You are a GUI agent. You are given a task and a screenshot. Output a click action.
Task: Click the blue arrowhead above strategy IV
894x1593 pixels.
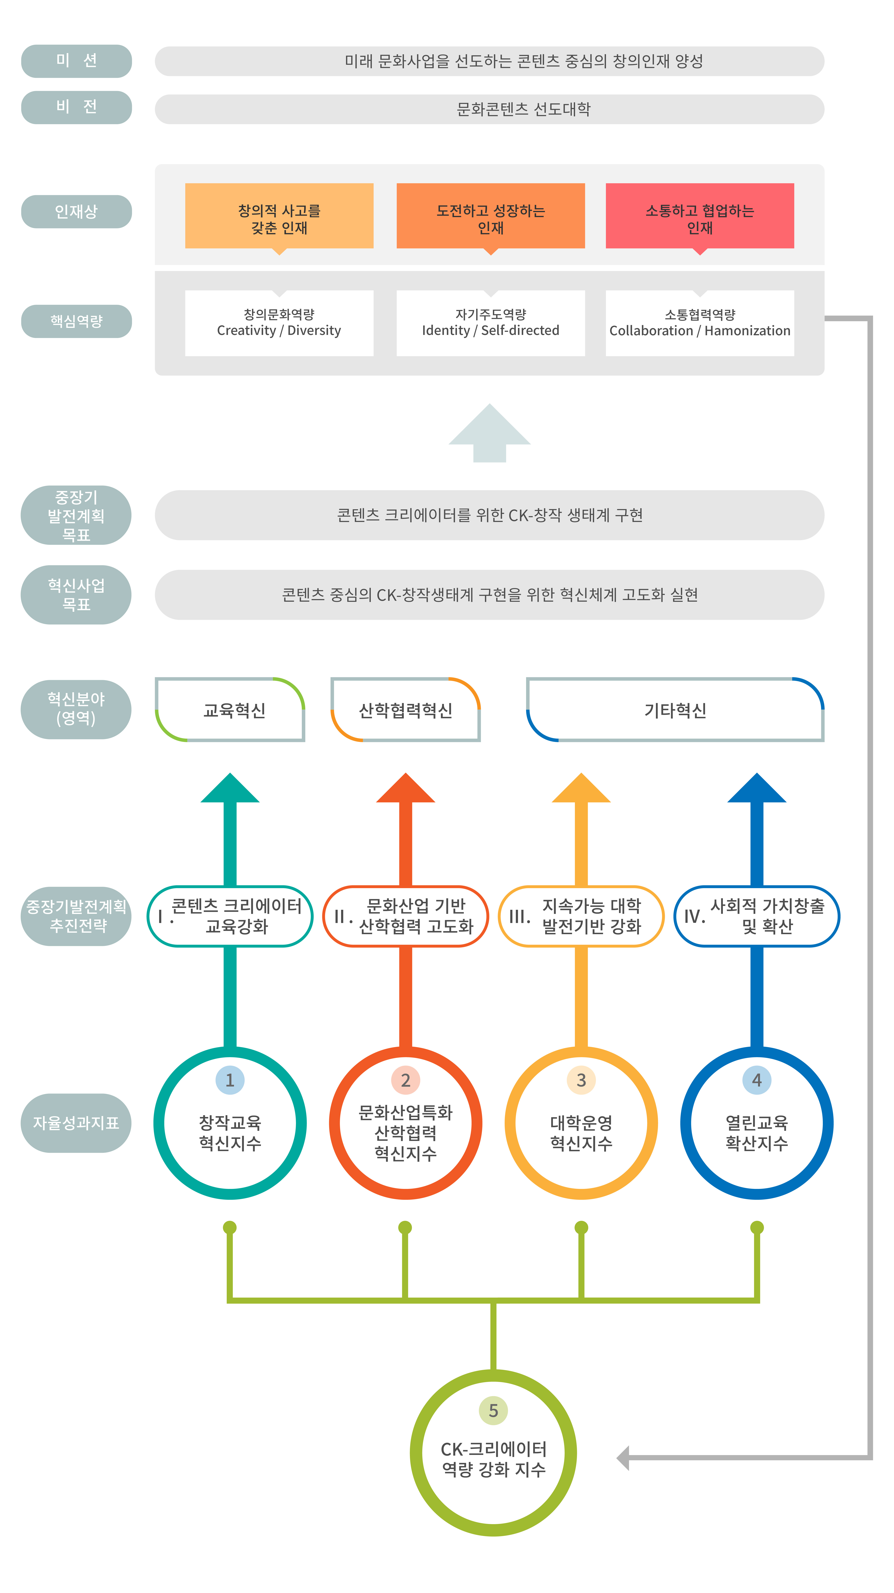coord(757,789)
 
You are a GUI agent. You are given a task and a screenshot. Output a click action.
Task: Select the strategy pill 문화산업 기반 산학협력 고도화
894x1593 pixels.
coord(406,916)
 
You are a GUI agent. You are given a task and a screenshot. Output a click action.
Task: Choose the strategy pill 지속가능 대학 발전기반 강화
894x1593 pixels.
coord(581,916)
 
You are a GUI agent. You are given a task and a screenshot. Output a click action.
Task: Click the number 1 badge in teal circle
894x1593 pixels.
coord(230,1080)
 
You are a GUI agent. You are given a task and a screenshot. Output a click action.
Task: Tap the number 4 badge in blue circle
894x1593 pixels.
coord(757,1080)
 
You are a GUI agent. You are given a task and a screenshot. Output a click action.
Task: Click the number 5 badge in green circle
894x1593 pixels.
coord(493,1411)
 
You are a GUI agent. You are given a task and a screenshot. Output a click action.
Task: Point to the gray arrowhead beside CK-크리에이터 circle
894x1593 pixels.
coord(623,1457)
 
